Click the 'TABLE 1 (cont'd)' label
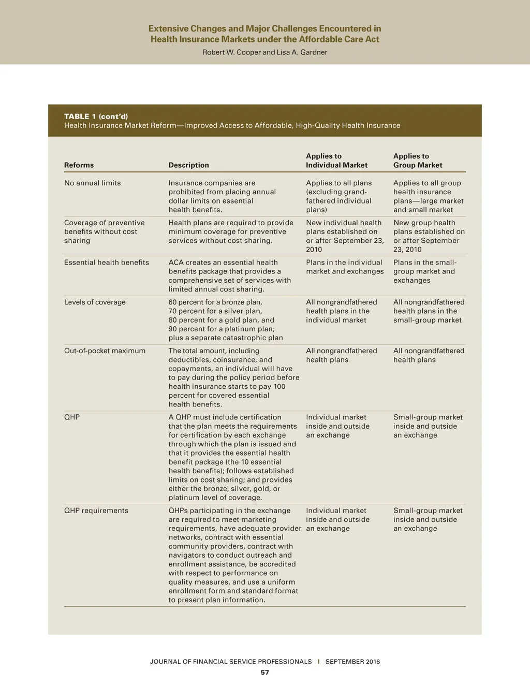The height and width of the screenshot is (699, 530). [x=96, y=116]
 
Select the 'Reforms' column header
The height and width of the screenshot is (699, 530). [x=79, y=165]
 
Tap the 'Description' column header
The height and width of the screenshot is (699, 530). [x=188, y=165]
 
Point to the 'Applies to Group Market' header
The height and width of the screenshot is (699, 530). [x=418, y=161]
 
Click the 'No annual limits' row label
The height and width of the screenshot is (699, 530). [x=92, y=183]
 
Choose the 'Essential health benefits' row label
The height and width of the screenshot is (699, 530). [x=106, y=263]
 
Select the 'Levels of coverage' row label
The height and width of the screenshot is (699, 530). [x=95, y=302]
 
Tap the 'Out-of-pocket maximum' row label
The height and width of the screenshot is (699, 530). [x=105, y=351]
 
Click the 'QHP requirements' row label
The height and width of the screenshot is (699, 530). [x=96, y=511]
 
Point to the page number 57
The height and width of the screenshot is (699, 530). [x=264, y=672]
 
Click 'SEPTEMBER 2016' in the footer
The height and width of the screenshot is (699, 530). [x=352, y=662]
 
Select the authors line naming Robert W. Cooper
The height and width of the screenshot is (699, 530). [x=264, y=52]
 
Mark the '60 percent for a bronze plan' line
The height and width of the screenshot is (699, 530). [x=215, y=302]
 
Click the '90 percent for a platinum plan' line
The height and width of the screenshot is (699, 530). [x=221, y=329]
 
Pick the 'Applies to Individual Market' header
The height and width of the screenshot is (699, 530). [x=336, y=161]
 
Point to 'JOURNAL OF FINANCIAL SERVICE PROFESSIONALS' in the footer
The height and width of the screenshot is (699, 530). [x=231, y=662]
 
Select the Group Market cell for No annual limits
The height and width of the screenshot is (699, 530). [x=428, y=196]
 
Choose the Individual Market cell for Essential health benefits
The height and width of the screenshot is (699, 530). [x=345, y=267]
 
